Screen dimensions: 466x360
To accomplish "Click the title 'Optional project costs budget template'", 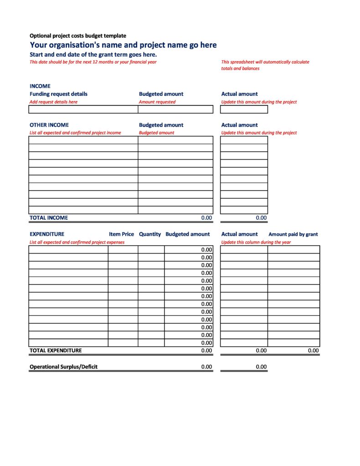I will click(x=78, y=36).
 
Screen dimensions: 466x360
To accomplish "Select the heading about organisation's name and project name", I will click(x=123, y=45).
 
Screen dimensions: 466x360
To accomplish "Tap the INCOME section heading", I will click(x=40, y=86).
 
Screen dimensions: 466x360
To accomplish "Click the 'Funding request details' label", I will click(x=58, y=94).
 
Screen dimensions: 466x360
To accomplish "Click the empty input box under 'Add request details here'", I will click(x=83, y=109).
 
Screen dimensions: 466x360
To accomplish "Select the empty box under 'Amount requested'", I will click(x=175, y=109).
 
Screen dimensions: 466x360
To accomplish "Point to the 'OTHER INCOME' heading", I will click(x=49, y=125).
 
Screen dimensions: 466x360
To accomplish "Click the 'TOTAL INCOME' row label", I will click(x=49, y=218).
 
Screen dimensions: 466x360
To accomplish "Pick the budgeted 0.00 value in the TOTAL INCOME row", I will click(x=206, y=218).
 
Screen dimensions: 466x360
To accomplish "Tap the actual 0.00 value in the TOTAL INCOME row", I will click(x=261, y=218).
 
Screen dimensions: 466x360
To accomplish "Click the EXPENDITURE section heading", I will click(x=47, y=234).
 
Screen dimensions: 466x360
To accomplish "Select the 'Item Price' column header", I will click(x=121, y=234).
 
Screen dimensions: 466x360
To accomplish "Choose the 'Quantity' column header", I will click(x=150, y=234).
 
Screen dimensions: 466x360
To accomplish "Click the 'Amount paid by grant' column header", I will click(x=293, y=234).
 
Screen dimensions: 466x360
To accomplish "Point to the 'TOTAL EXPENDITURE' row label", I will click(x=56, y=351).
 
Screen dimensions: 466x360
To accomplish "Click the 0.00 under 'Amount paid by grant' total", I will click(x=313, y=351).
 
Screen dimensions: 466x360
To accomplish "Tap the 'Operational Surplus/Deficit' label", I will click(x=63, y=367).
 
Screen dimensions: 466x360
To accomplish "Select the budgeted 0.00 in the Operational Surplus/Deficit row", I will click(x=206, y=367).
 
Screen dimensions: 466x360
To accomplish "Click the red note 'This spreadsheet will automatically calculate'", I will click(x=265, y=62).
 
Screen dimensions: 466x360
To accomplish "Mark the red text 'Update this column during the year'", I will click(x=256, y=242).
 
